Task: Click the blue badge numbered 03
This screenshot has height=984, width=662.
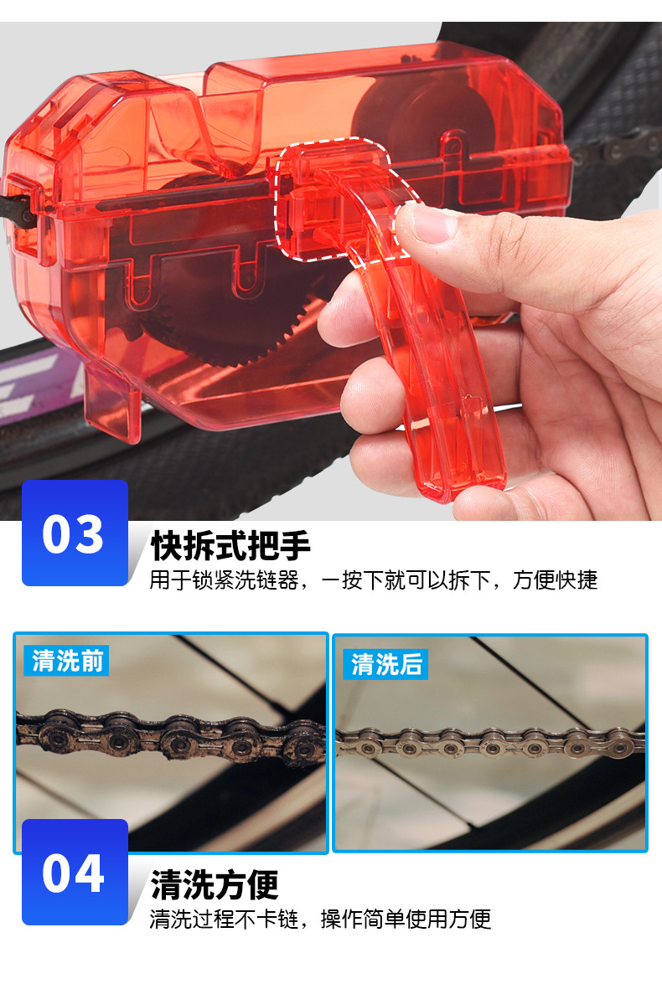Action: point(75,533)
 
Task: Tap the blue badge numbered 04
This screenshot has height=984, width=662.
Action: point(75,872)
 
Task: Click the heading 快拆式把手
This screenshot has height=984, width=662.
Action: point(230,545)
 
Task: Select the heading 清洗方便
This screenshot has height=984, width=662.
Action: point(215,884)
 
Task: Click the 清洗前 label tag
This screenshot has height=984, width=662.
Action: point(66,661)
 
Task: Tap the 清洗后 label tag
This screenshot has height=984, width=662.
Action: point(385,664)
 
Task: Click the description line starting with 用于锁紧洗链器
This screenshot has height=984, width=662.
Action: point(373,580)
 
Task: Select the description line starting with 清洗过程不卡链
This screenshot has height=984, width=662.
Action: point(320,919)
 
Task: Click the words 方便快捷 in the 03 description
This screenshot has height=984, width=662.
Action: point(555,580)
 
